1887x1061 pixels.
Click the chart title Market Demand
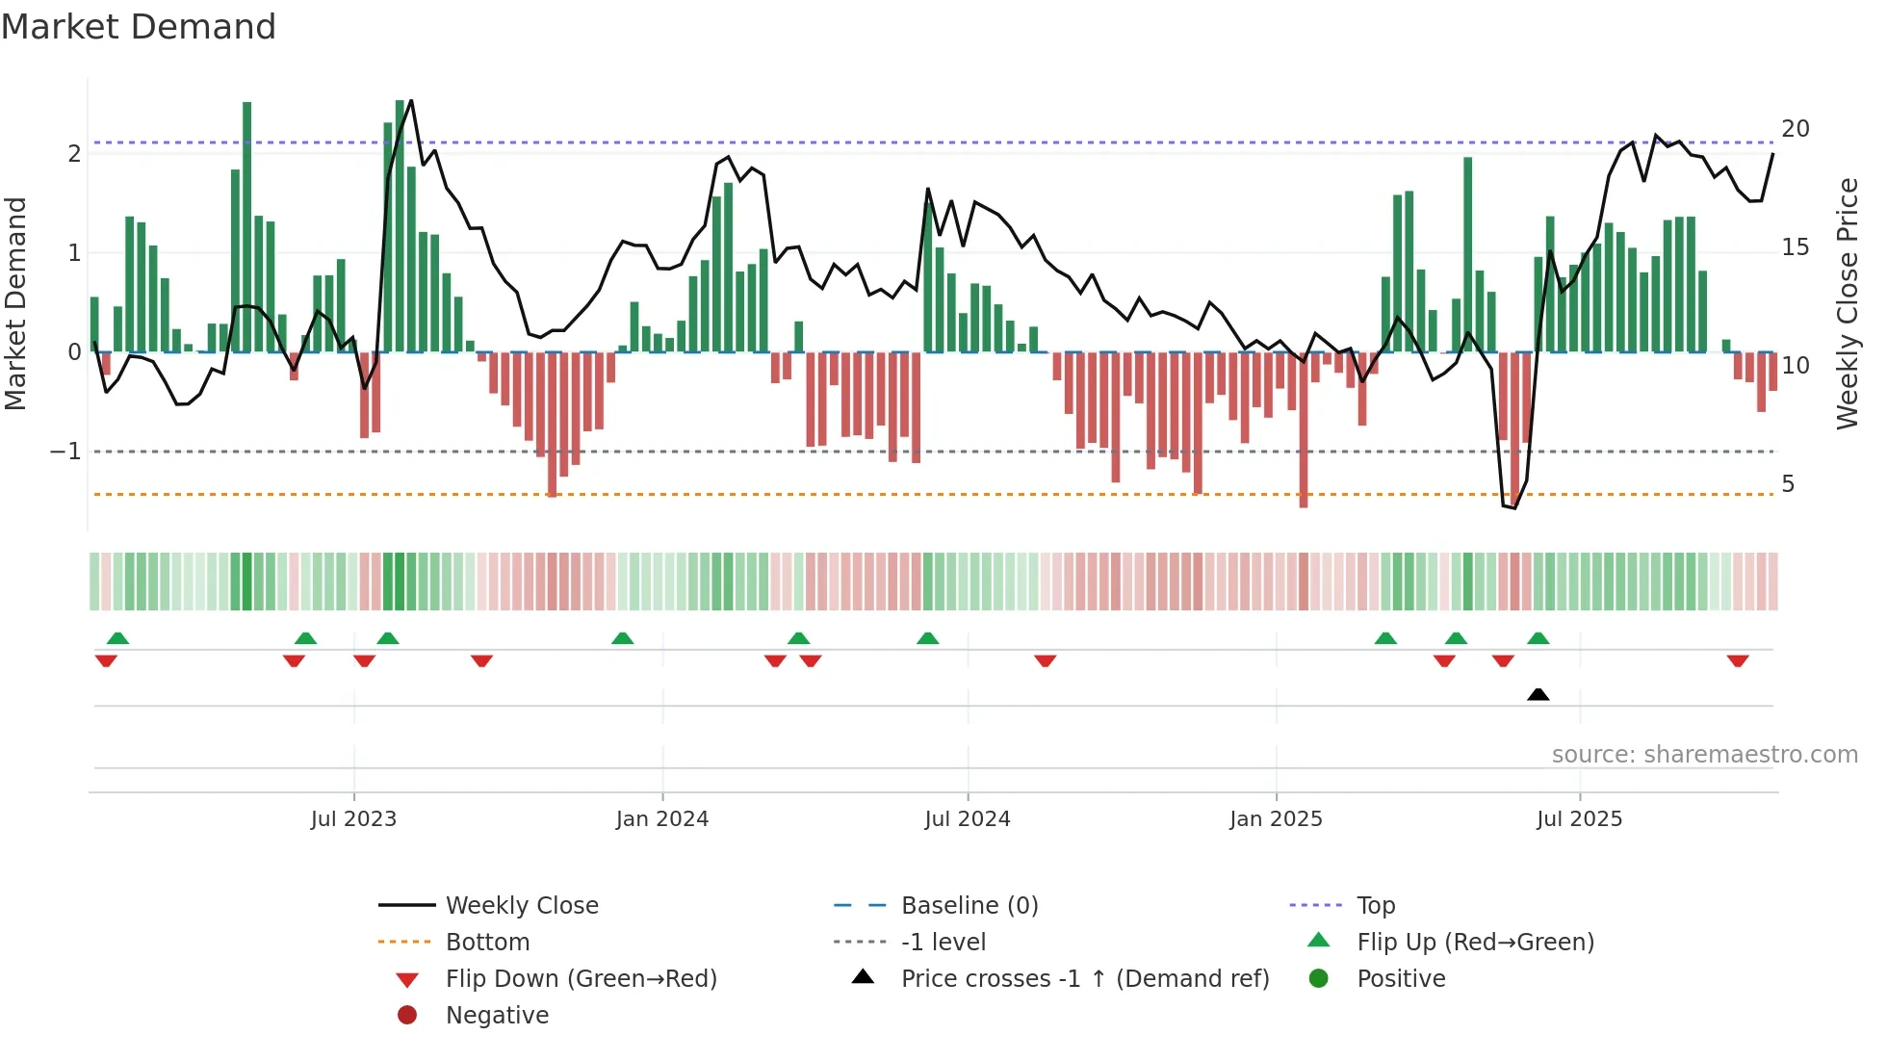point(139,27)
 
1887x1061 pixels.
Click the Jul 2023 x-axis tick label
point(353,819)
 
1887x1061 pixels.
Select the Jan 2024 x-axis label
point(662,819)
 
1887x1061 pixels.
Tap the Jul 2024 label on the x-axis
point(968,819)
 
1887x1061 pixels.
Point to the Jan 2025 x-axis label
point(1276,819)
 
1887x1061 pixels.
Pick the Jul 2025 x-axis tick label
point(1580,819)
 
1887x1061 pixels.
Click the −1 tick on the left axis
point(65,452)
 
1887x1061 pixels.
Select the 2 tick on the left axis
point(74,154)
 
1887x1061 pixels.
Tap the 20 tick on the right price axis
point(1796,129)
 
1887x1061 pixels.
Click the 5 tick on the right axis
point(1788,484)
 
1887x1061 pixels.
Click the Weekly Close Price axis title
point(1848,303)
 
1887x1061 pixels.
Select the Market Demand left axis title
point(15,303)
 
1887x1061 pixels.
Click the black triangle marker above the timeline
point(1538,694)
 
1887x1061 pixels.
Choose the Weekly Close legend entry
point(522,906)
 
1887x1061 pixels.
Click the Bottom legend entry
point(487,943)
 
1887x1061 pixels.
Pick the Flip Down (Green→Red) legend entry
point(581,979)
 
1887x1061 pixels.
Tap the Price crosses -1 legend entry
point(1085,979)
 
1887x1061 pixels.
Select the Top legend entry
point(1376,906)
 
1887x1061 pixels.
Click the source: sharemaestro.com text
point(1704,755)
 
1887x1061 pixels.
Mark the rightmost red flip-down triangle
point(1738,660)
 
